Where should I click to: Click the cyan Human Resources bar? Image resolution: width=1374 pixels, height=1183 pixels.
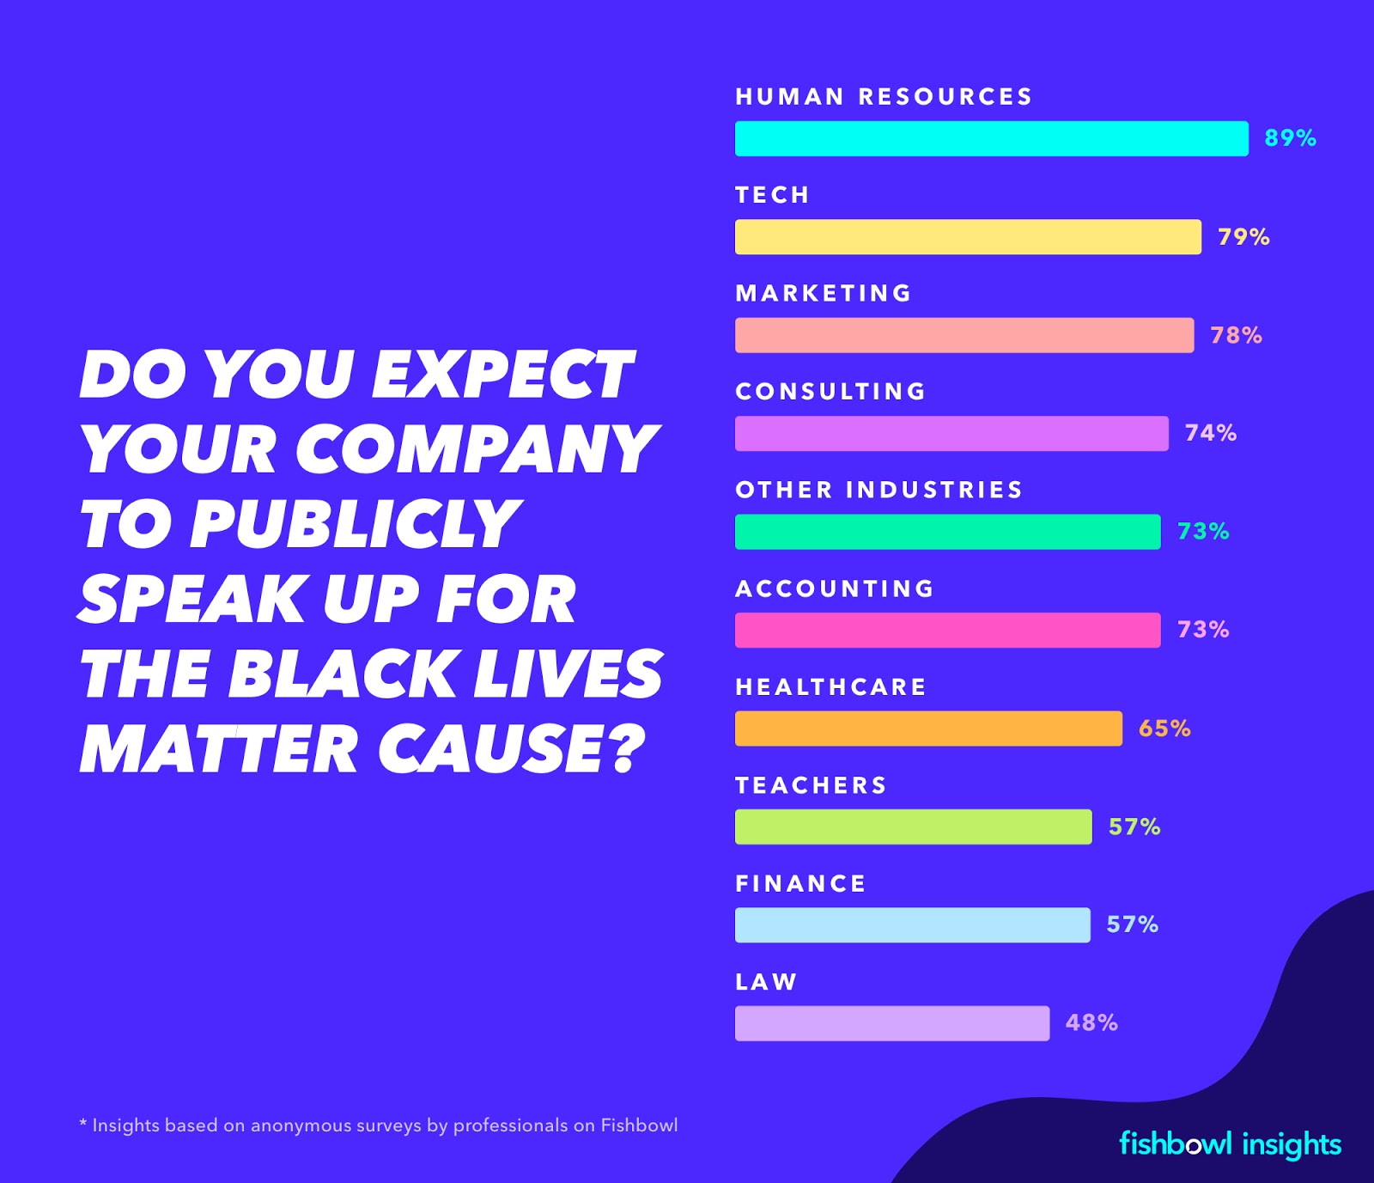tap(991, 138)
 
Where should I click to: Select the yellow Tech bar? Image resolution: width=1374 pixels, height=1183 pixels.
tap(968, 237)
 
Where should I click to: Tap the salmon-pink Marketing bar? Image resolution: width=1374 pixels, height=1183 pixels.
tap(964, 335)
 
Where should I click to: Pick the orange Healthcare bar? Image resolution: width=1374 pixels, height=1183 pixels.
tap(928, 729)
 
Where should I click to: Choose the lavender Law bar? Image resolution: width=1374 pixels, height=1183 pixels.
tap(891, 1023)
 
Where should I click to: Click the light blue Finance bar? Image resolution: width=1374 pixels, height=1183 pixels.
tap(912, 925)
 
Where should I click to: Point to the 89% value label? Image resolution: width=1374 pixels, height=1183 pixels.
tap(1290, 138)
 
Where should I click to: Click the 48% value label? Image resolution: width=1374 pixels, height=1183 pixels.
tap(1091, 1022)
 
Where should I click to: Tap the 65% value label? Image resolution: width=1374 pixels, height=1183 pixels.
tap(1164, 729)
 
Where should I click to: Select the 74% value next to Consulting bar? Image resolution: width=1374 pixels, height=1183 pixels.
tap(1210, 433)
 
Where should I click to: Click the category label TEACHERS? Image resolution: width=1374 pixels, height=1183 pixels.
tap(811, 785)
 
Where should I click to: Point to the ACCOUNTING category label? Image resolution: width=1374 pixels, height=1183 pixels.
tap(835, 588)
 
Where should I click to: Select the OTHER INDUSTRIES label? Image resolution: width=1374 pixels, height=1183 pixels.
tap(879, 490)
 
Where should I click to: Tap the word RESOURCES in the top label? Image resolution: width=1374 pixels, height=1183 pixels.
tap(945, 96)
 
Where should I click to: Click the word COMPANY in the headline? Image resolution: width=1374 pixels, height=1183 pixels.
tap(477, 449)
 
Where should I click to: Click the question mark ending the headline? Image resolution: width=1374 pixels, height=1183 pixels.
tap(626, 748)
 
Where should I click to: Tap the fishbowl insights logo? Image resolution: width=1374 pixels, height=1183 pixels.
tap(1230, 1144)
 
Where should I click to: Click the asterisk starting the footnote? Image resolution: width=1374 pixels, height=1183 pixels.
tap(83, 1124)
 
